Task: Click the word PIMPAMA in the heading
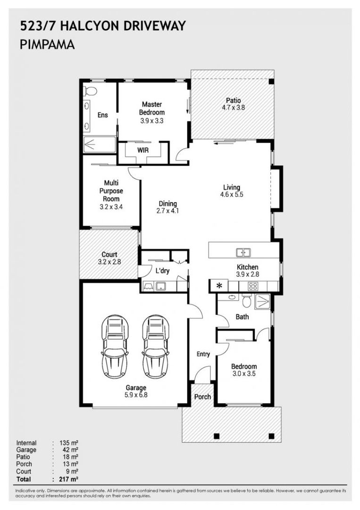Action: (x=47, y=45)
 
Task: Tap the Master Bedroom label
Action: (x=151, y=108)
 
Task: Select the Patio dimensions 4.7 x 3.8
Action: (x=233, y=108)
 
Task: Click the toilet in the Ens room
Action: (x=90, y=91)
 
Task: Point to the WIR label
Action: (x=143, y=150)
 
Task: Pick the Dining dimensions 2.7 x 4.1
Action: (x=168, y=212)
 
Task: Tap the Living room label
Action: (x=232, y=187)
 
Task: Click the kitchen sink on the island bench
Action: (x=243, y=252)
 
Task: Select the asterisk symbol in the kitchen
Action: (x=219, y=286)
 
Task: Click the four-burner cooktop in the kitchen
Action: (x=253, y=286)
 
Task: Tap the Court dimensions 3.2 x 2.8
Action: (x=109, y=261)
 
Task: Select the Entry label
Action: (x=203, y=354)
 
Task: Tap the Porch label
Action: (x=203, y=397)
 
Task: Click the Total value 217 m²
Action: (x=70, y=479)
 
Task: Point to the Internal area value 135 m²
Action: (x=70, y=443)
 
